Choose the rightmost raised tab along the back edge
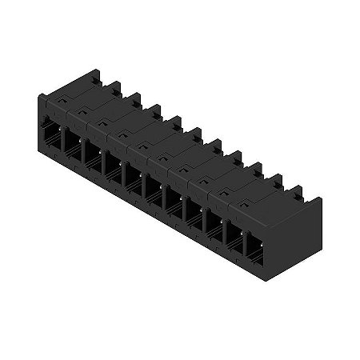[298, 190]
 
